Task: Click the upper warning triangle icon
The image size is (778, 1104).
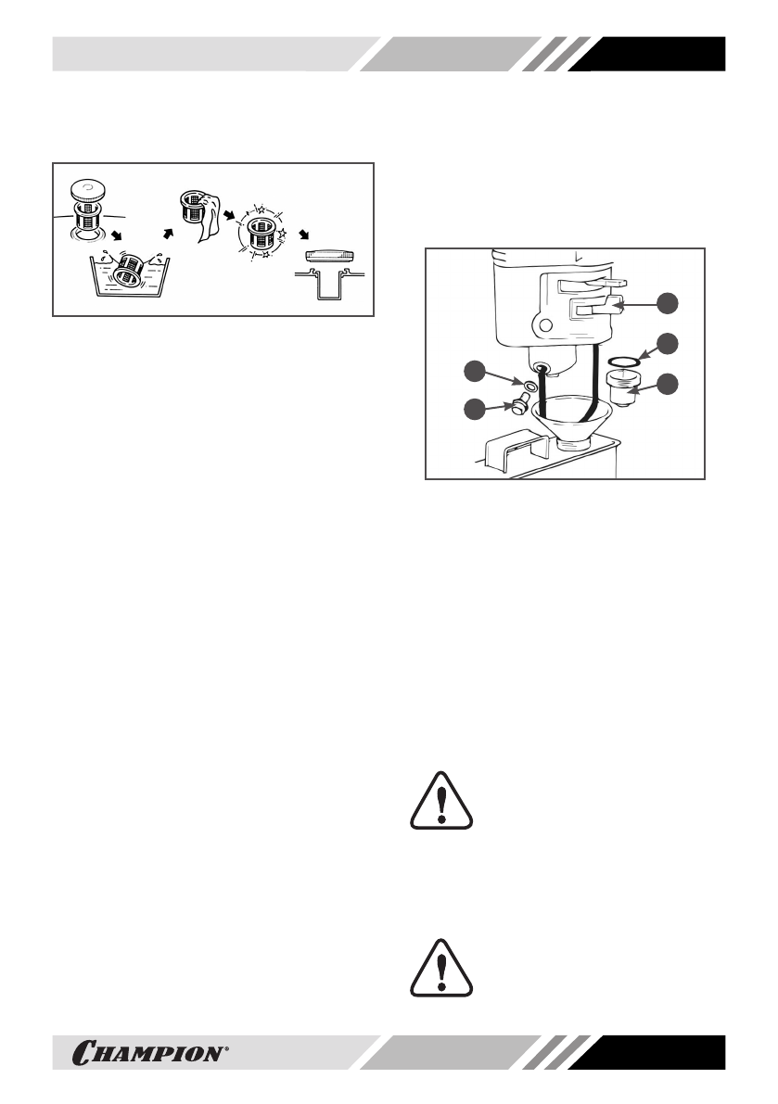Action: pos(441,798)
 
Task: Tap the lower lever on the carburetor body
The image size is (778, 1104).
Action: pos(594,306)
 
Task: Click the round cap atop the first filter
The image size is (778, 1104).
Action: pos(87,189)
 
